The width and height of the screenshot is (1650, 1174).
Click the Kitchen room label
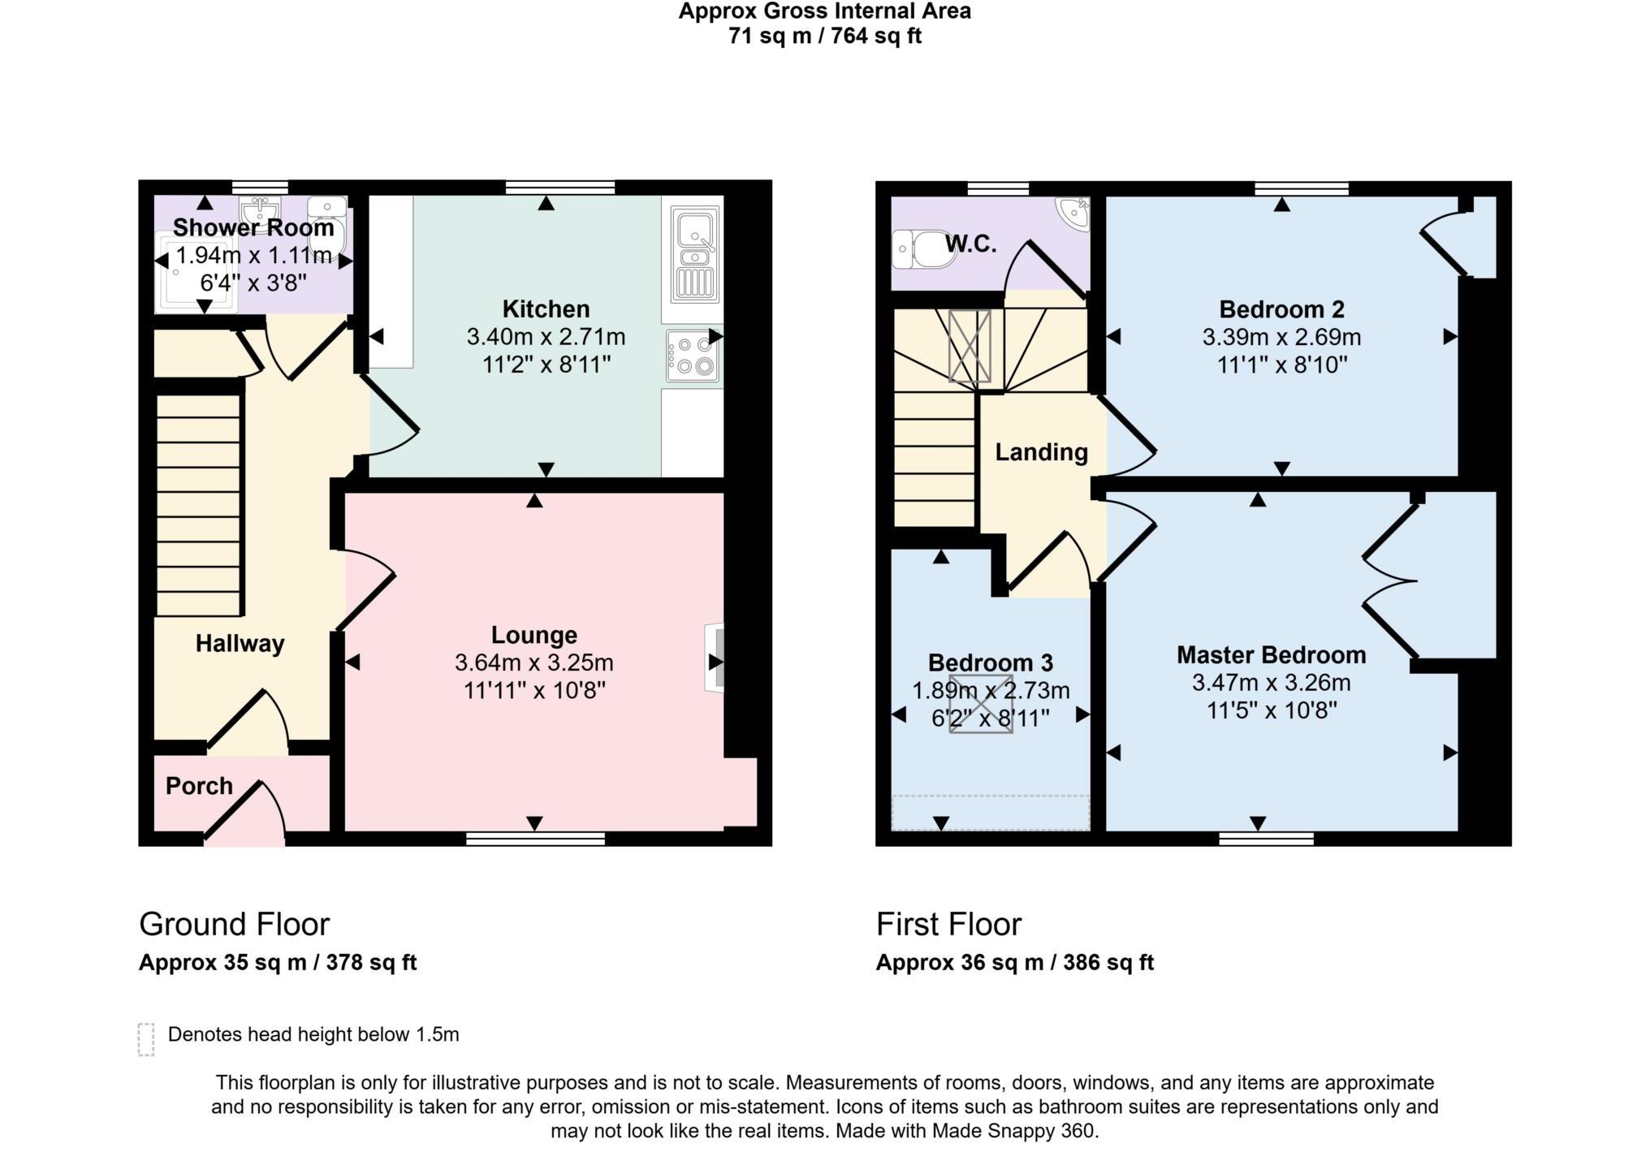tap(546, 309)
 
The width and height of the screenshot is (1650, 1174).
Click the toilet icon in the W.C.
tap(922, 249)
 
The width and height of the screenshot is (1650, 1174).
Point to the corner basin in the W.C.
tap(1073, 213)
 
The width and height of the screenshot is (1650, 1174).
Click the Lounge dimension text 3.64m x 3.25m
tap(533, 663)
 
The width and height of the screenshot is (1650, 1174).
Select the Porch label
tap(199, 786)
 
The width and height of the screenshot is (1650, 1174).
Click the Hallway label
tap(240, 644)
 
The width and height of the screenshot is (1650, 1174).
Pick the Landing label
tap(1041, 452)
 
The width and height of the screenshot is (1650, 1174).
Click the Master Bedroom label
tap(1271, 655)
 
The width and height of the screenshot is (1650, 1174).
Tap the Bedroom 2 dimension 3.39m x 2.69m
tap(1281, 337)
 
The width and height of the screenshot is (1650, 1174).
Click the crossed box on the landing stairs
tap(970, 346)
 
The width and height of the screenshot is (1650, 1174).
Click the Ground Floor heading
tap(234, 925)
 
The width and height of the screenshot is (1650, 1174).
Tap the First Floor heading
tap(948, 925)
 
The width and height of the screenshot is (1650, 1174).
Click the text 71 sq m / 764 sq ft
tap(824, 37)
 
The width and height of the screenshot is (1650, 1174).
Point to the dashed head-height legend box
tap(146, 1039)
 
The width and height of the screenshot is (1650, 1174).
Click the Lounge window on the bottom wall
tap(535, 839)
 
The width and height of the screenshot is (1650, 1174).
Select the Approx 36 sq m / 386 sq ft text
tap(1014, 963)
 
